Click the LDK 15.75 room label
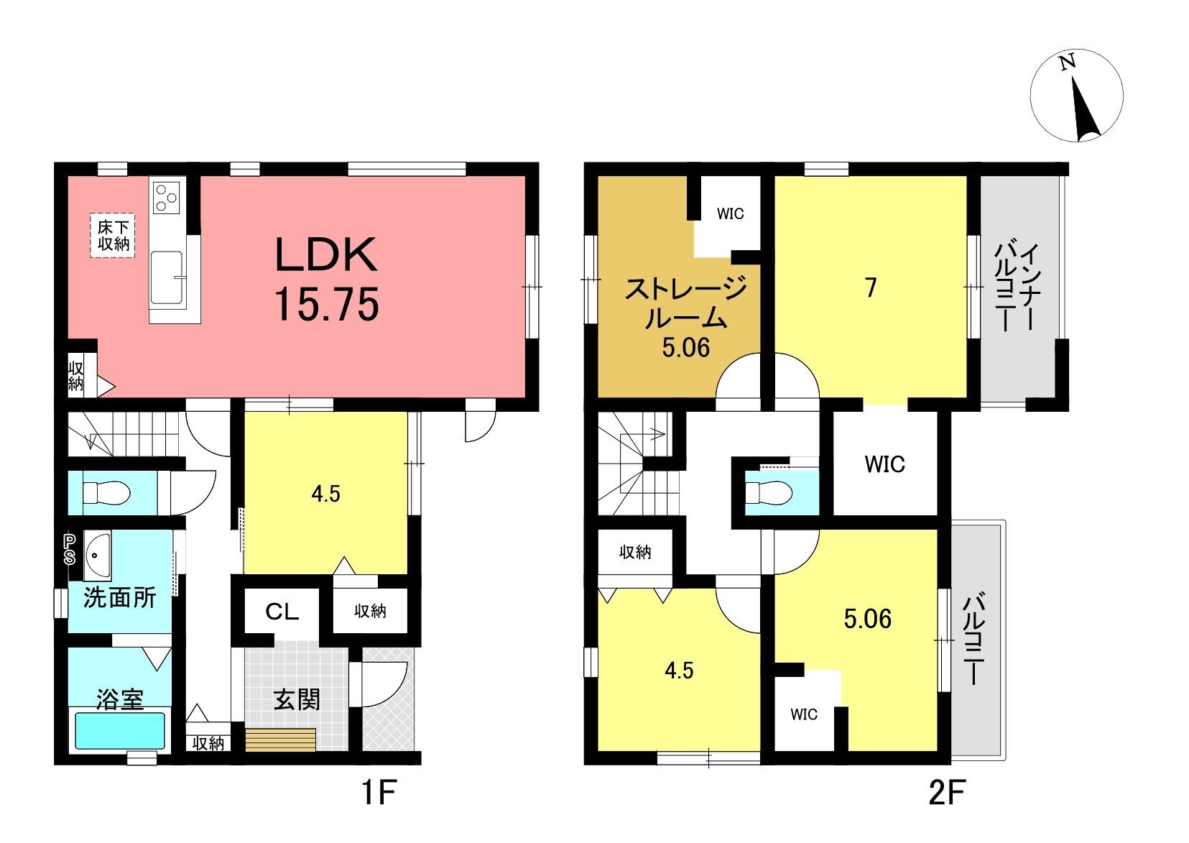(x=326, y=280)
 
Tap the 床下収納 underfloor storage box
(x=113, y=236)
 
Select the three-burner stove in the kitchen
(x=167, y=197)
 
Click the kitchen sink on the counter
(x=167, y=278)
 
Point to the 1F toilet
(x=106, y=493)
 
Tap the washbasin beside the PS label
(x=97, y=556)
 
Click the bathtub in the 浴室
(x=119, y=730)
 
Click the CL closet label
(x=282, y=612)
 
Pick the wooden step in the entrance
(x=281, y=740)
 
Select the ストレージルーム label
(x=686, y=304)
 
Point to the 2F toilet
(x=769, y=493)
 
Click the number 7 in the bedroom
(x=871, y=287)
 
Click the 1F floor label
(x=379, y=793)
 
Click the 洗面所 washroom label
(x=119, y=598)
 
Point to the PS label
(x=70, y=550)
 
